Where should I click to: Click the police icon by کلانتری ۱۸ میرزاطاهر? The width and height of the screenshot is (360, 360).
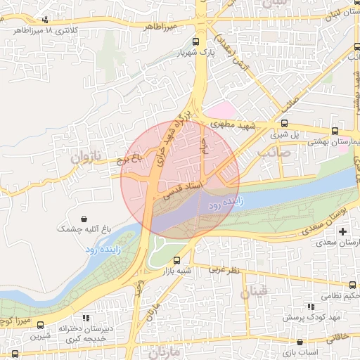pyautogui.click(x=46, y=20)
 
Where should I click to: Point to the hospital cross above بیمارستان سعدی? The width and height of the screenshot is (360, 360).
pyautogui.click(x=342, y=231)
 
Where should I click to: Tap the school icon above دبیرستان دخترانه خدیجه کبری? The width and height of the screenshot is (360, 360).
pyautogui.click(x=85, y=317)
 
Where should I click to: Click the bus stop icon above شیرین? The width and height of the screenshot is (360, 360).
pyautogui.click(x=40, y=326)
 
